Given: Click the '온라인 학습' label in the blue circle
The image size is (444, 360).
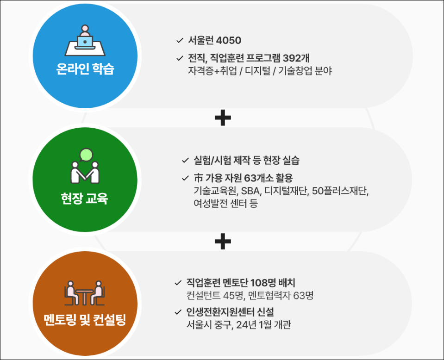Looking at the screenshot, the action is point(83,70).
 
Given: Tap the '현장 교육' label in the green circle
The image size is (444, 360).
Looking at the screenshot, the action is point(84,199).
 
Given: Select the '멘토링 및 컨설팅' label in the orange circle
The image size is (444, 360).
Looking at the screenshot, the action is point(84,319).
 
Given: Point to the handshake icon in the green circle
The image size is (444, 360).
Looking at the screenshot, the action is point(84,167).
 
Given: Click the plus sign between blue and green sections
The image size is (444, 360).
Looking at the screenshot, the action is point(223,118).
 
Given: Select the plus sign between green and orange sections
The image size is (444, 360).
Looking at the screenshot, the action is point(223,241).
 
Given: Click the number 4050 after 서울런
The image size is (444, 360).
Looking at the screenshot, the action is point(229,40).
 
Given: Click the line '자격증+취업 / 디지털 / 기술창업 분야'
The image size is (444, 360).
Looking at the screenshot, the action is point(260,71).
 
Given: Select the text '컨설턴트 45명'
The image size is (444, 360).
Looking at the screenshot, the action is point(213,295).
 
